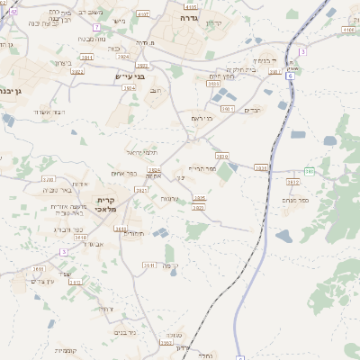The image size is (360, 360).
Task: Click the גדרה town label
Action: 187,17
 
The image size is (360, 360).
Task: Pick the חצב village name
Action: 156,90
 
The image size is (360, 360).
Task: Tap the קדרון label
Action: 213,21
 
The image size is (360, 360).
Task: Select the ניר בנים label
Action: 125,332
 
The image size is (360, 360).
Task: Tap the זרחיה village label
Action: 105,309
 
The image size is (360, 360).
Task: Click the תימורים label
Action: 134,232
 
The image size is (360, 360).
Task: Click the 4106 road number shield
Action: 348,29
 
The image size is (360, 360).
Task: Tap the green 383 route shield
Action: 309,170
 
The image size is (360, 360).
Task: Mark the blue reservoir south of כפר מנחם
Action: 283,236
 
